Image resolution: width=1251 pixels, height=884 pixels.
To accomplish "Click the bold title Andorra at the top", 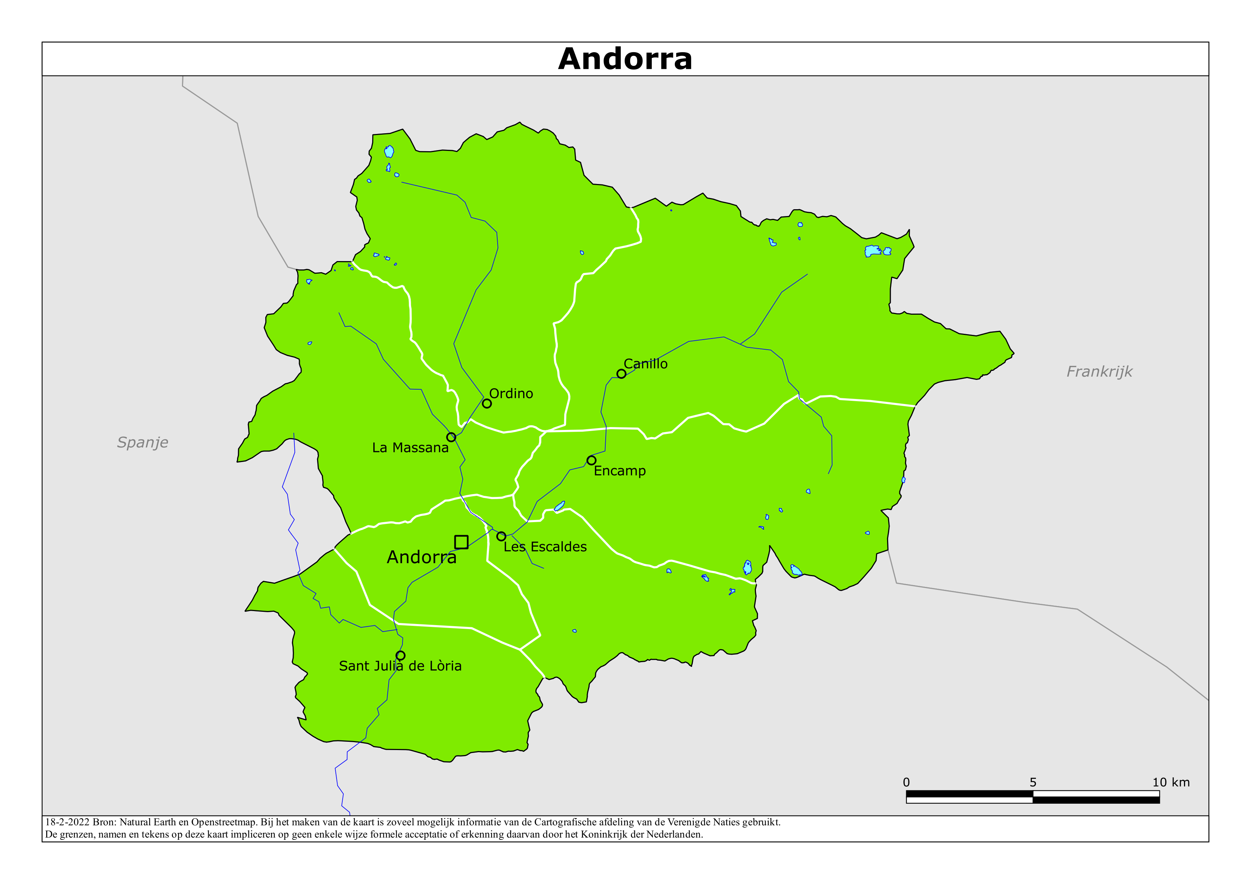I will click(625, 59).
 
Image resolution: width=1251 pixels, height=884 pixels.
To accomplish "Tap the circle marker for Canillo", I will click(621, 374).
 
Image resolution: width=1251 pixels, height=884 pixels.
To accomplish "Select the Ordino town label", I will click(511, 393).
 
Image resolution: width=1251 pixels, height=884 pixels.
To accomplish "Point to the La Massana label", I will click(410, 448).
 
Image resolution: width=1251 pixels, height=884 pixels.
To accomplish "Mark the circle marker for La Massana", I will click(451, 437).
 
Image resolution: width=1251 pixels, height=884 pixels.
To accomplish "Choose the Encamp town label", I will click(619, 471).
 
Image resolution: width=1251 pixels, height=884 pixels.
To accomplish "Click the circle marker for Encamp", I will click(591, 460).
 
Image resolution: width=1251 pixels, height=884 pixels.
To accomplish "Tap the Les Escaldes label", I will click(545, 547).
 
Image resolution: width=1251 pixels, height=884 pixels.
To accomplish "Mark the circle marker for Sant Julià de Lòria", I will click(400, 655).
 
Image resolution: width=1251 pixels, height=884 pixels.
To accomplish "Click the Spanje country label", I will click(143, 442).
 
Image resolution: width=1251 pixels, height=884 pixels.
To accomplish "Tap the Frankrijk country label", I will click(1099, 372).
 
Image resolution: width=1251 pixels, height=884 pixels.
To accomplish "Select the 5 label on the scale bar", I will click(1033, 782).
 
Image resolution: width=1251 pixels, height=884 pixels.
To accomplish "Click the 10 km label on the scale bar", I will click(1170, 782).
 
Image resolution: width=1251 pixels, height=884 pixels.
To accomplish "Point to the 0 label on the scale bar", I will click(906, 782).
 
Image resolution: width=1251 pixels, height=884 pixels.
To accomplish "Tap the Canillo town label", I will click(646, 364).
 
